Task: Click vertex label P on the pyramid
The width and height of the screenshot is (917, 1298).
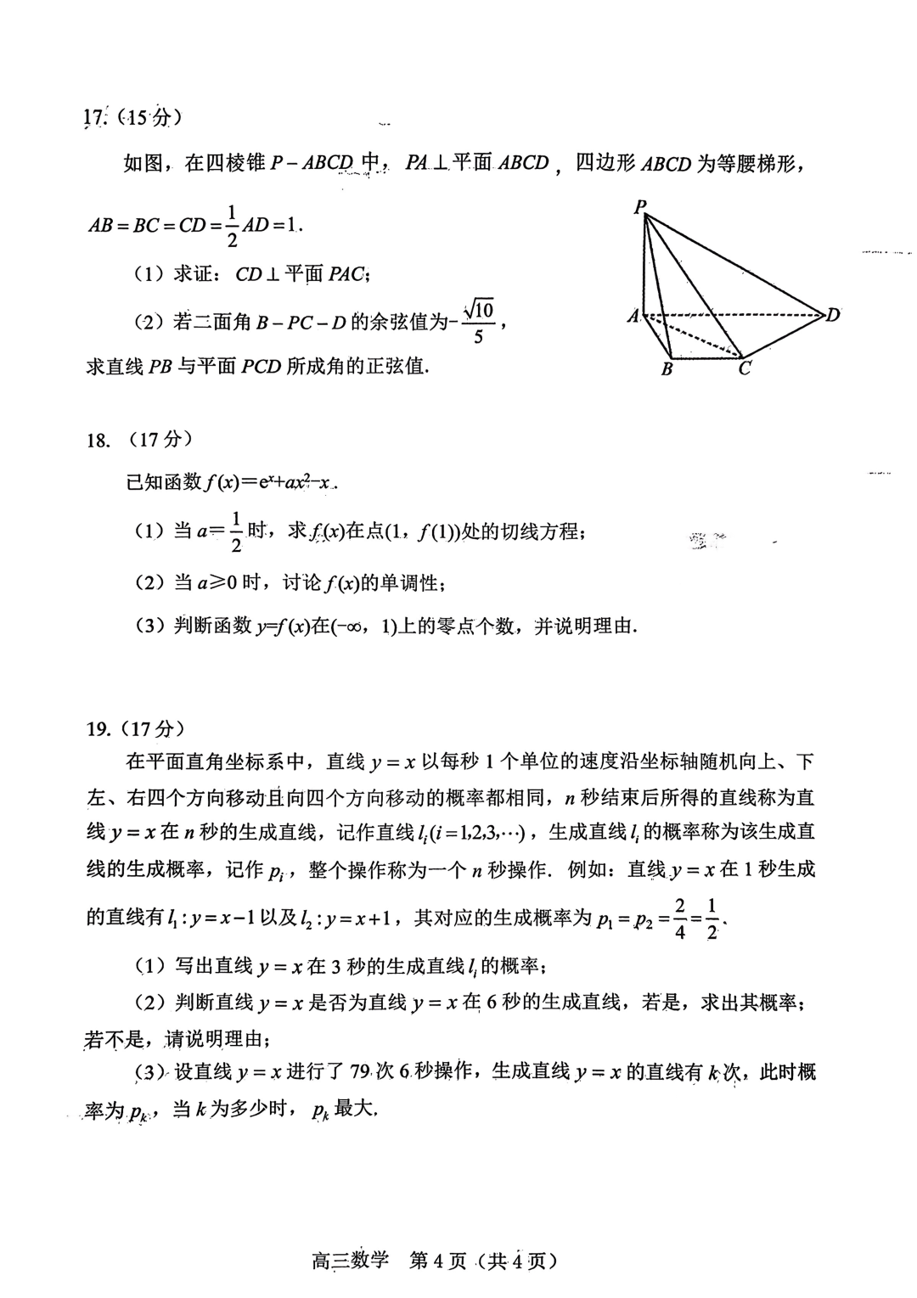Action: [640, 205]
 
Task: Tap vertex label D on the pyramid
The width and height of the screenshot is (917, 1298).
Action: [833, 315]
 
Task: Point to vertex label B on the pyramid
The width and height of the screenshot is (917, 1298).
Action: [667, 369]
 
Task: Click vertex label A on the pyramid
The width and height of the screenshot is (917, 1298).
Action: [633, 316]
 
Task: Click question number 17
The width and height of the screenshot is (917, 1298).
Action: [95, 118]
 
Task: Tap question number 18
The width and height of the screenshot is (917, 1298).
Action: [98, 440]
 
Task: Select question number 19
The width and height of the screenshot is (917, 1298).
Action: [98, 728]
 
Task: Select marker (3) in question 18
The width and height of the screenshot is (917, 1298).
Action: [149, 627]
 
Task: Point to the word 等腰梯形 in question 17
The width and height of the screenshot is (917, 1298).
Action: [748, 163]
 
